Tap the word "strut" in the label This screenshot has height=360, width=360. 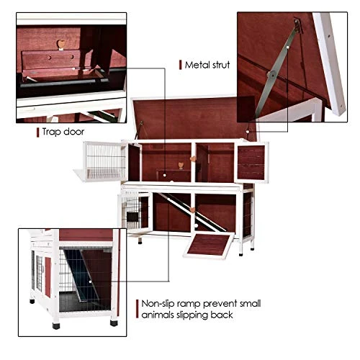219,65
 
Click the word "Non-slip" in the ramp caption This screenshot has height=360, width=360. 158,304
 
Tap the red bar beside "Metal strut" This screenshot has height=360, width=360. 180,65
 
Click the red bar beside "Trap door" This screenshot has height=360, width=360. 37,132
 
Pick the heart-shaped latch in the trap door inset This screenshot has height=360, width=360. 61,44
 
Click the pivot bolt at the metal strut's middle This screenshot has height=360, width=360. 271,74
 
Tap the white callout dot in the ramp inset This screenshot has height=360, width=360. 90,282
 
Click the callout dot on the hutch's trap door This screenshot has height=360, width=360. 164,175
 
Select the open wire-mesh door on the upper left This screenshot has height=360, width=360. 105,161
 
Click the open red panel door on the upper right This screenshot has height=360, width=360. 251,162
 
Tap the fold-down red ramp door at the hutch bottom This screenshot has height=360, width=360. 209,246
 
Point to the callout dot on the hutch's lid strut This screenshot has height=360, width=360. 248,132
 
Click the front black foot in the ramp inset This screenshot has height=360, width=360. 56,325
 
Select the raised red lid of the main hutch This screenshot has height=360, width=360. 194,118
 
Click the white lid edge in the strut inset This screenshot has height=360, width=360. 329,63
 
